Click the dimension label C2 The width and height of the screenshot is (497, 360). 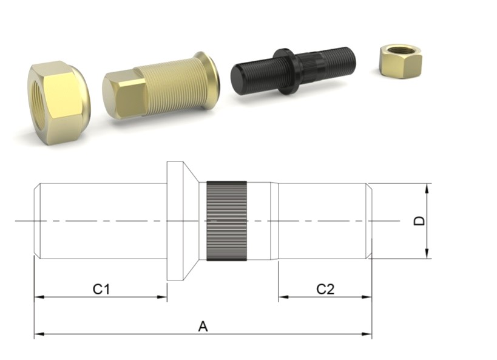tap(325, 289)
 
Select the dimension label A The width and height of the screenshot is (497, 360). tap(203, 327)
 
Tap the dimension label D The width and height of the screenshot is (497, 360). tap(419, 220)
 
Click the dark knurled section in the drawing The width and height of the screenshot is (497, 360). tap(226, 221)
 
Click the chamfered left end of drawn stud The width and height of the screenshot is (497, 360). tap(37, 221)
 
